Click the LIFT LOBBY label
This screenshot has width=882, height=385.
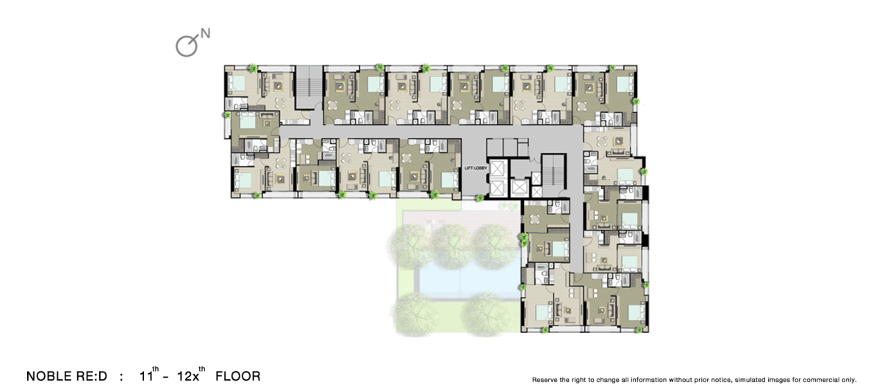476,168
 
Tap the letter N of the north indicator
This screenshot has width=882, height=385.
205,34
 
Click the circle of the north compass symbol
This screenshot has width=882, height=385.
186,46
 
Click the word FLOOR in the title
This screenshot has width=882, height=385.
238,376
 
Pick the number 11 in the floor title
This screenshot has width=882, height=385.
146,376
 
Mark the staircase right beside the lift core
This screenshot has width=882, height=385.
554,174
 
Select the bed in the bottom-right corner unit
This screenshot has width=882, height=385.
634,312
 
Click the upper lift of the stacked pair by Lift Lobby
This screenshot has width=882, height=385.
498,168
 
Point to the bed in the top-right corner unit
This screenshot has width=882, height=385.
624,84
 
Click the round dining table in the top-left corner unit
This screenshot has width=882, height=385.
280,103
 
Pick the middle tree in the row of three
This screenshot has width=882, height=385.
453,245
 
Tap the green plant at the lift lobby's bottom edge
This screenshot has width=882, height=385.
479,198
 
